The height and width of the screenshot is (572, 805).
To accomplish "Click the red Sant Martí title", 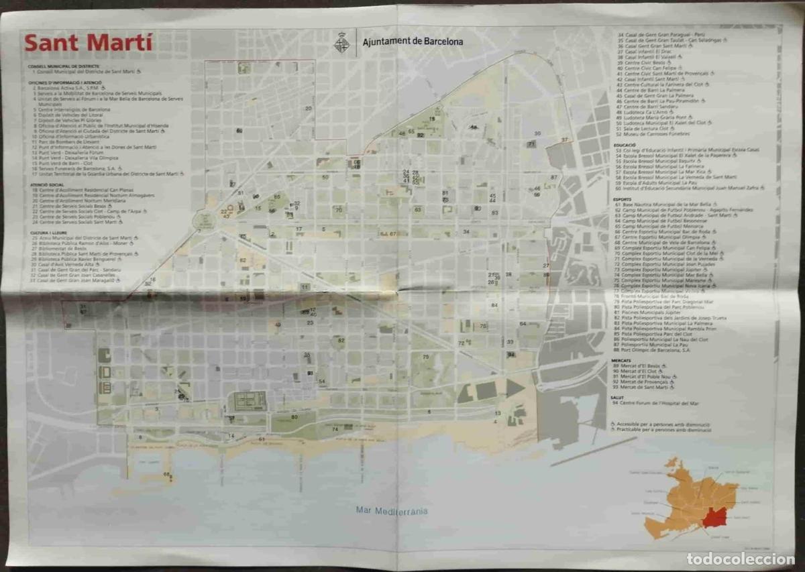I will (x=89, y=43).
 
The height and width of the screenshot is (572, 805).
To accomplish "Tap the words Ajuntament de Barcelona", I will (x=413, y=42).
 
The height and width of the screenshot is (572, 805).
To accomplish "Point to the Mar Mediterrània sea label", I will (x=392, y=510).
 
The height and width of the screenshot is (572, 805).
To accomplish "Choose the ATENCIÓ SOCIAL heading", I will (x=47, y=184).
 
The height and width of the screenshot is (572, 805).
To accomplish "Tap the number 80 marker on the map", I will (x=294, y=417).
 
